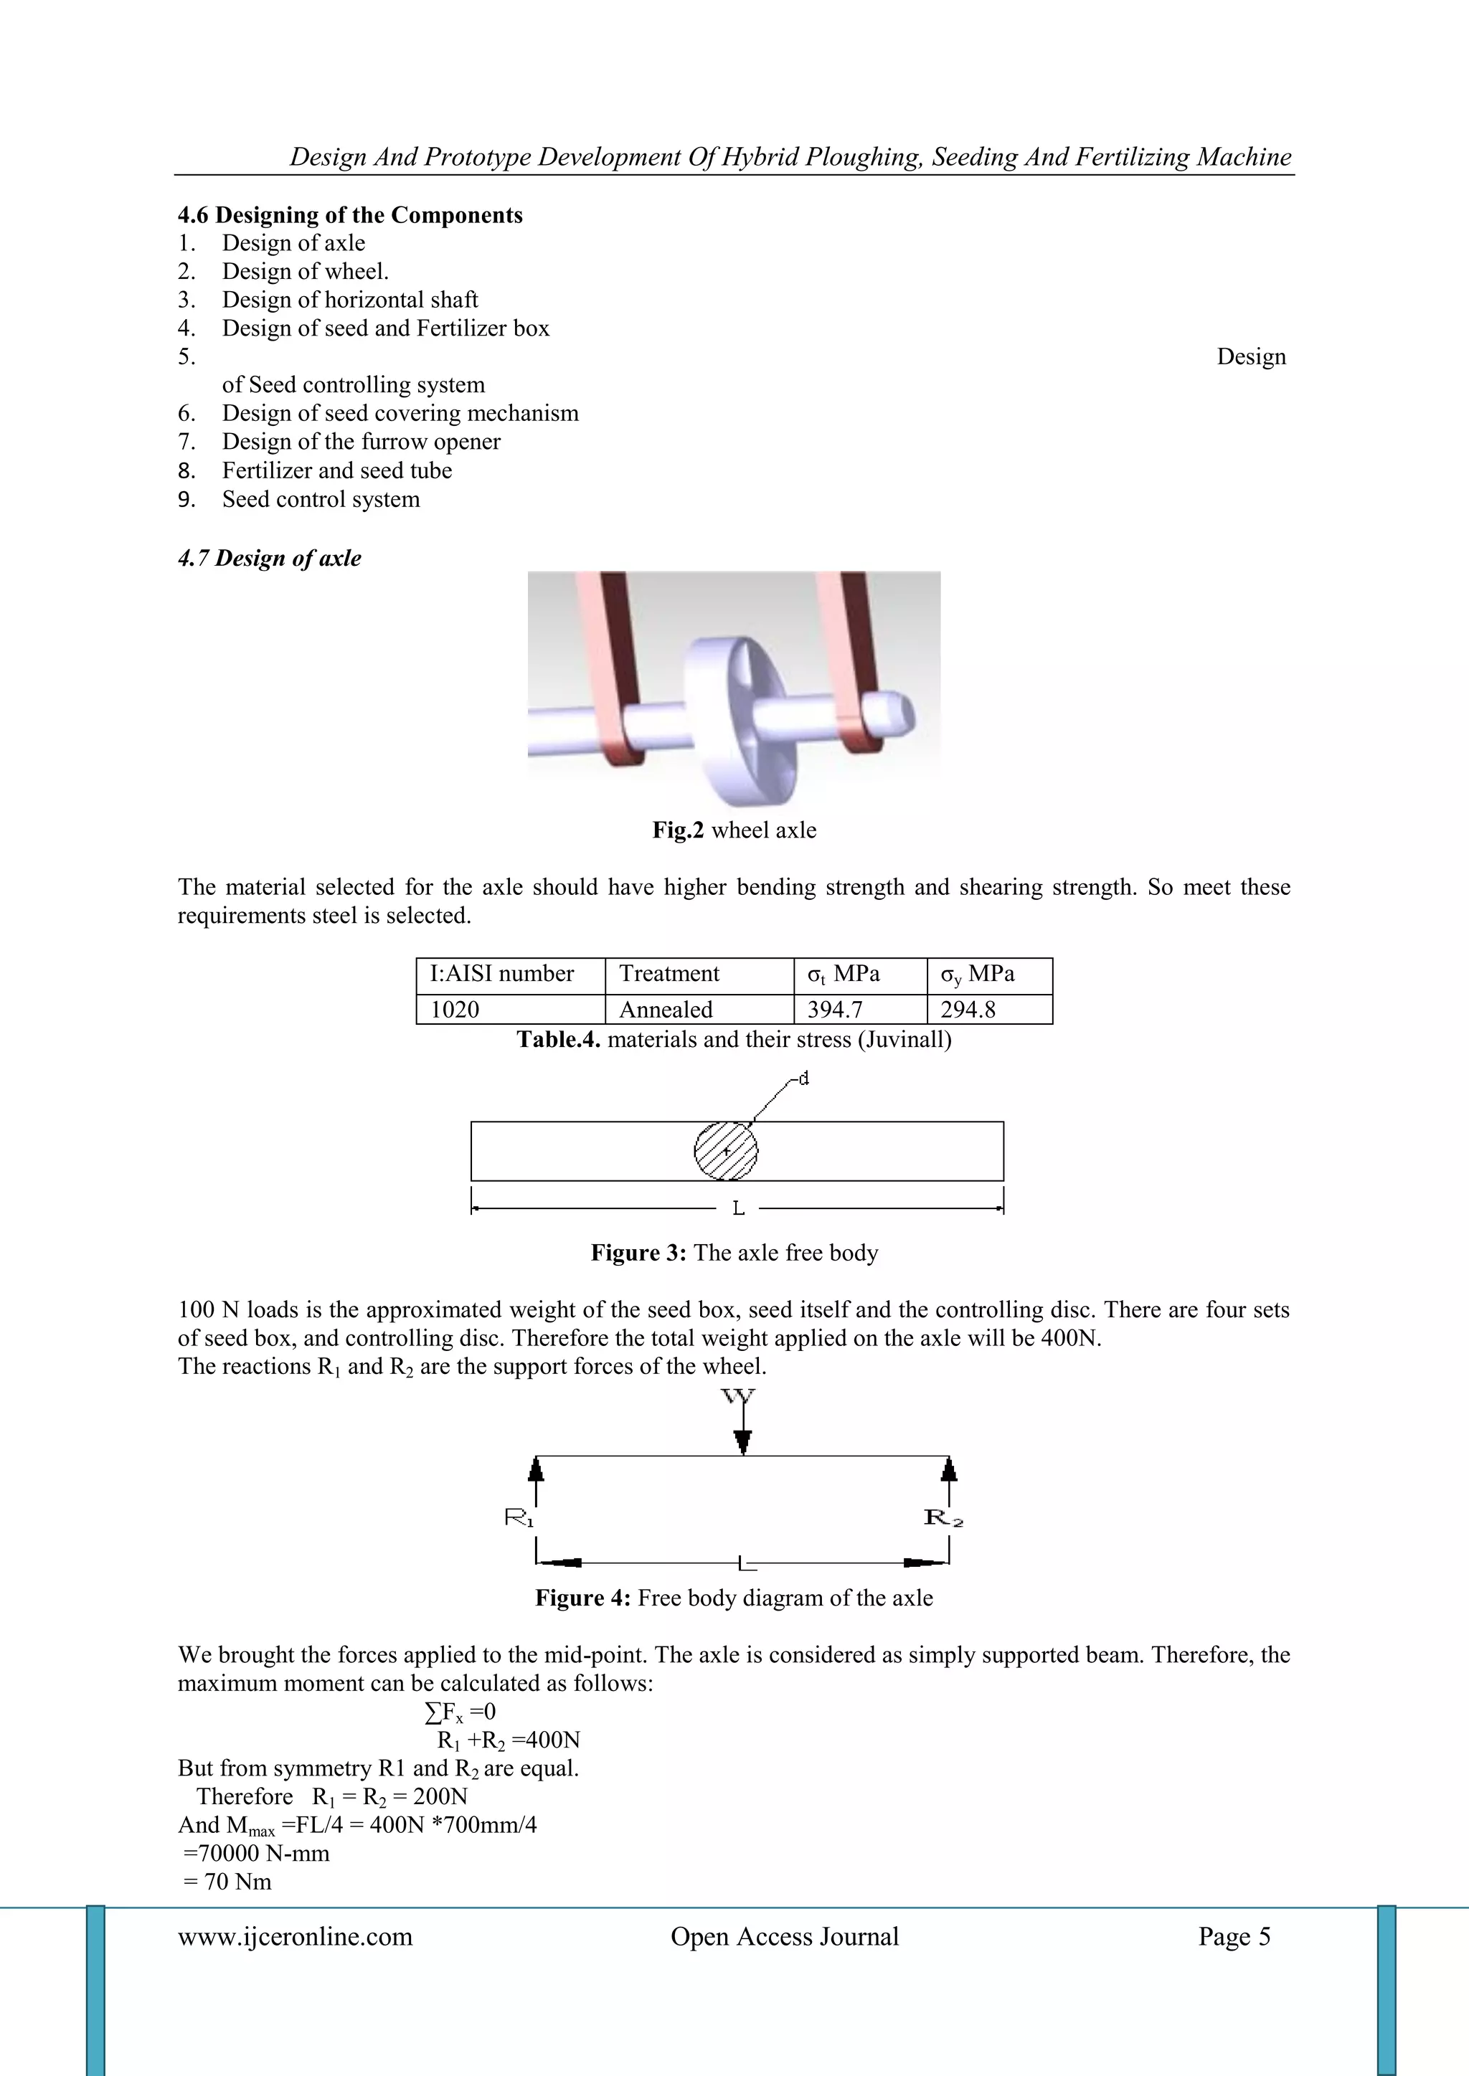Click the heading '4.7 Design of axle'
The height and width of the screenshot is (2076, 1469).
tap(270, 558)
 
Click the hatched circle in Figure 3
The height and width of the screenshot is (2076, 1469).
tap(725, 1150)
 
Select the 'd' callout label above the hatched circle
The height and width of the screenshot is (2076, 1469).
tap(803, 1078)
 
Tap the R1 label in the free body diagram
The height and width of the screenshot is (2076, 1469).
tap(519, 1518)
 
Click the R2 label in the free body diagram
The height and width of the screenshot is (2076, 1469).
tap(943, 1518)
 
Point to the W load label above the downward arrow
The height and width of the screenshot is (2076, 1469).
tap(739, 1397)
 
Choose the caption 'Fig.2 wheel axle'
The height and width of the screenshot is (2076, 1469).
tap(734, 830)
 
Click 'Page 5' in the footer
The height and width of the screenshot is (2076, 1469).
tap(1234, 1936)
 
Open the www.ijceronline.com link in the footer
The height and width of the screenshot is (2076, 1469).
tap(295, 1936)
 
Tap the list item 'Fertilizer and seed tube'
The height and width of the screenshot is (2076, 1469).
tap(337, 470)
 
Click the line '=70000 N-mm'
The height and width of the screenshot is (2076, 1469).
tap(257, 1853)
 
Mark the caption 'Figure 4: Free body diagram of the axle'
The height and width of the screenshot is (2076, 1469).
tap(734, 1598)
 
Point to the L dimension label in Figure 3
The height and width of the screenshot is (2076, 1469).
tap(738, 1208)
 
